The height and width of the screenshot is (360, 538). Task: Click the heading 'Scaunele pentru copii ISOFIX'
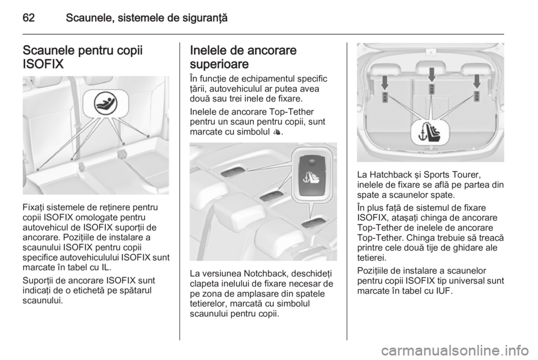[82, 57]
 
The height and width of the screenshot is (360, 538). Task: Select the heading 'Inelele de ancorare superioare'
[243, 57]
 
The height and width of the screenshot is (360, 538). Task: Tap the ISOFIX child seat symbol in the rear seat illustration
[105, 103]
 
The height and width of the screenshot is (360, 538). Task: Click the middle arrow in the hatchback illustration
[432, 75]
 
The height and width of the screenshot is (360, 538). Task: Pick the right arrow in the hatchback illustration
[476, 81]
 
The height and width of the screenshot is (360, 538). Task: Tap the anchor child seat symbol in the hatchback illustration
[430, 132]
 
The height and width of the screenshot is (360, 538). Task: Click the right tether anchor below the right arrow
[476, 96]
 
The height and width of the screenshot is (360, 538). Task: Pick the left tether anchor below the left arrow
[385, 97]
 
